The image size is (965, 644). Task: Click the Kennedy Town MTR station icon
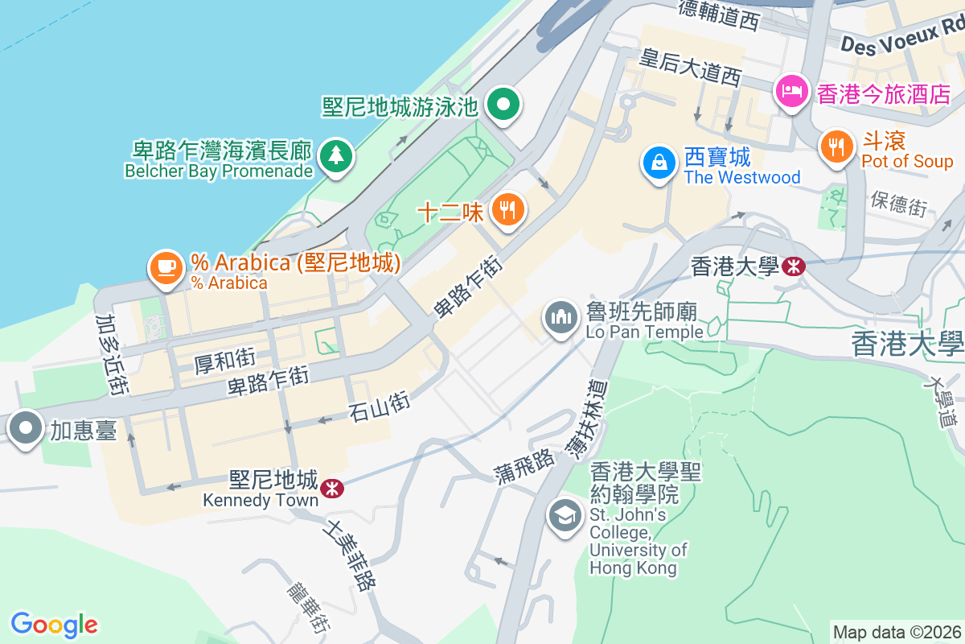point(331,489)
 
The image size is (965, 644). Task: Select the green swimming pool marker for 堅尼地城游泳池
point(504,104)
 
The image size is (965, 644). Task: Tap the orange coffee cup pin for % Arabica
point(166,266)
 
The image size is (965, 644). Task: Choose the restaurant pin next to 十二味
point(507,211)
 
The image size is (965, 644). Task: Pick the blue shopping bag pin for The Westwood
point(659,162)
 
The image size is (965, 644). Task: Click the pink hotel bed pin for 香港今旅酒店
point(792,90)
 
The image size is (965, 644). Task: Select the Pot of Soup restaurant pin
point(837,147)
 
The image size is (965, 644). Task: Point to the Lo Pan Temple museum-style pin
point(561,316)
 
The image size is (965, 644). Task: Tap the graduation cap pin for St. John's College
point(565,514)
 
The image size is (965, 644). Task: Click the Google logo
point(54,624)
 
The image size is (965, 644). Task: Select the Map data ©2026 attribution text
point(896,632)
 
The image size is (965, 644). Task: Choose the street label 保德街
point(899,204)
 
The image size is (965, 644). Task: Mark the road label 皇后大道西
point(689,68)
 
